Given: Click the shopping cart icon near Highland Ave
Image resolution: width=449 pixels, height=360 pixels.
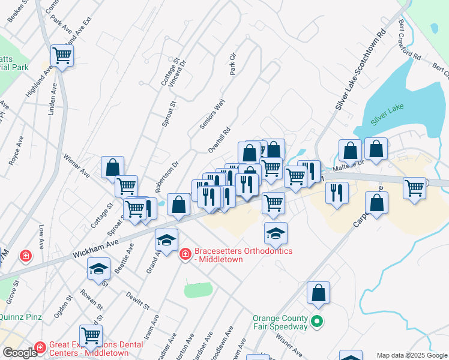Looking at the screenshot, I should point(62,56).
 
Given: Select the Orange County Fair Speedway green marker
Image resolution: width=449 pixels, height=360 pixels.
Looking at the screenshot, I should point(318,322).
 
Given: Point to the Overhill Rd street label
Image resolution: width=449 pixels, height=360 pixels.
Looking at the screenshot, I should point(219,139).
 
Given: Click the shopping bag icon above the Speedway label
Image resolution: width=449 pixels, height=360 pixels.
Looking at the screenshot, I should point(319,292).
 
